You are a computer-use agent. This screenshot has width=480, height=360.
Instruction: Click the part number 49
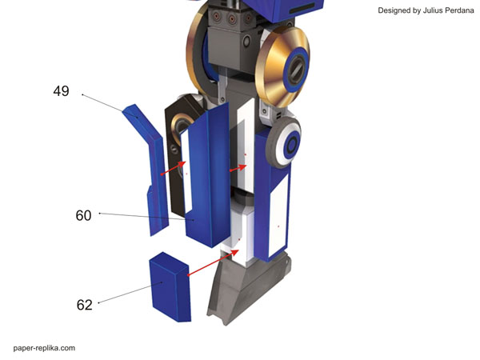61,91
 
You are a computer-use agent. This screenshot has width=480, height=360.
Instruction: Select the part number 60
83,215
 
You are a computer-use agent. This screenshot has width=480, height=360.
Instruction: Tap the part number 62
84,305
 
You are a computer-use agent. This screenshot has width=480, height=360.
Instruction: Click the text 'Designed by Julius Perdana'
426,10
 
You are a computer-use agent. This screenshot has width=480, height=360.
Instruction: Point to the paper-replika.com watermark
44,348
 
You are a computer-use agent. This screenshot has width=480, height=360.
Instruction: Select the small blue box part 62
170,286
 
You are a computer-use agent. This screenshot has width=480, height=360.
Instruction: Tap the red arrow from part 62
213,262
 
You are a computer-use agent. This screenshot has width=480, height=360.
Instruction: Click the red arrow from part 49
174,168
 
